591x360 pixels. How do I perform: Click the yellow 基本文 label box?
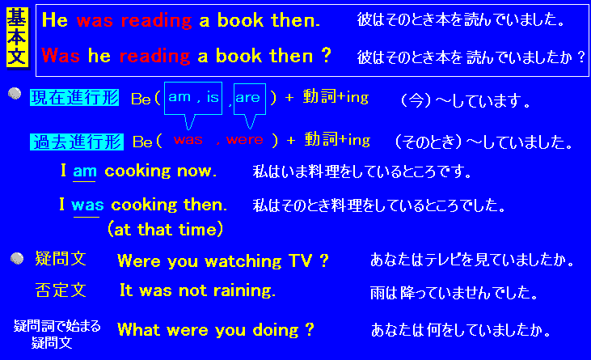pos(17,38)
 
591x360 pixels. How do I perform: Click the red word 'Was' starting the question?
pos(61,56)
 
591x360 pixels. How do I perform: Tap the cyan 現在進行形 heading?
pos(74,98)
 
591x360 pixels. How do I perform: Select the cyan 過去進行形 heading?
pos(77,142)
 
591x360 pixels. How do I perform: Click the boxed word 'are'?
pos(248,98)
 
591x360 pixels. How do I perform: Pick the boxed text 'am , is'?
pos(193,97)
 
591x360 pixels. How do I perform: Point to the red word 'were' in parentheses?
pos(245,140)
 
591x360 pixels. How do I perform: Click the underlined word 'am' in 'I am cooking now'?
pos(85,172)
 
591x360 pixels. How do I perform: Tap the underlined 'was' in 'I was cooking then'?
pos(87,205)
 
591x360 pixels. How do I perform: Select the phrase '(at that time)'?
pos(166,229)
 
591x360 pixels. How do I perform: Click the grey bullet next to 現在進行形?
pos(15,93)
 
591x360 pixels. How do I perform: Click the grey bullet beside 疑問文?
pos(17,258)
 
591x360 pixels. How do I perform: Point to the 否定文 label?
pos(61,290)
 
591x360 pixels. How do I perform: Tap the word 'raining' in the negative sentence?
pos(244,290)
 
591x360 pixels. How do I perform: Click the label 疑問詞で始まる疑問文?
pos(57,334)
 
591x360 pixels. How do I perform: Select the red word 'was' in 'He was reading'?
pos(95,20)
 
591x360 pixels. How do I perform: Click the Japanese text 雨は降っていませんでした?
pos(454,293)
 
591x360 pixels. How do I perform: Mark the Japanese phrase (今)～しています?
pos(466,101)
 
